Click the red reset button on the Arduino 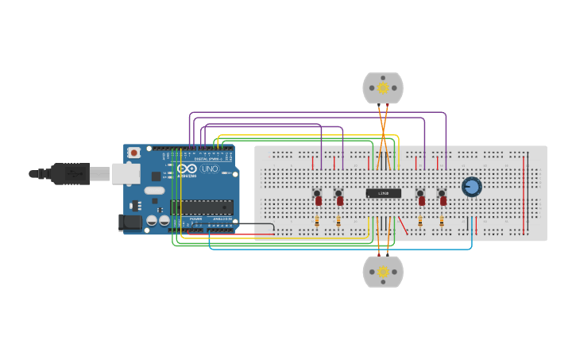[134, 153]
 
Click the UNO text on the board [209, 169]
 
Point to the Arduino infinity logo [187, 168]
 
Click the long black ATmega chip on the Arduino [202, 207]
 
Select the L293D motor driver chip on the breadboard [383, 193]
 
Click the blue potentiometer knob [471, 187]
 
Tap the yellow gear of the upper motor [383, 87]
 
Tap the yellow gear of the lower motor [383, 272]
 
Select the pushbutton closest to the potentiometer [441, 192]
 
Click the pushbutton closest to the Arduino [316, 192]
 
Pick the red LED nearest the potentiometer [443, 202]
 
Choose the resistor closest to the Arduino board [317, 223]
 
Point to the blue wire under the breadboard [342, 249]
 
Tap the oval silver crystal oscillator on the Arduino [154, 190]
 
